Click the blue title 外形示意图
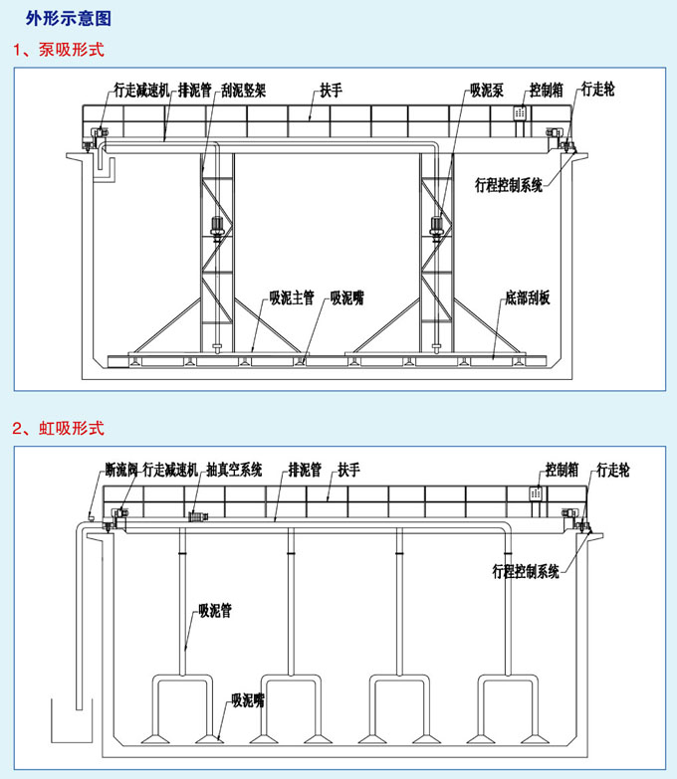point(69,18)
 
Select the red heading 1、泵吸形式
point(59,50)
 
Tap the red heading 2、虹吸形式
point(59,428)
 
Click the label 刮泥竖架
point(244,91)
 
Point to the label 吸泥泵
point(487,90)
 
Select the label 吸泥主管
point(292,297)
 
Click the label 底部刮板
point(528,297)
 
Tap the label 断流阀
point(121,470)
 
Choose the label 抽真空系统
point(234,470)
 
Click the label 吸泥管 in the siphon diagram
point(215,610)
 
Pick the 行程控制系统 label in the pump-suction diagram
point(509,185)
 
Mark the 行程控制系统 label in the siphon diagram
point(526,571)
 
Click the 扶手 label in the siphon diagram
point(348,470)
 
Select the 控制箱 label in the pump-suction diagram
point(547,90)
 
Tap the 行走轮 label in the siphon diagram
point(613,470)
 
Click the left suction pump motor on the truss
point(217,229)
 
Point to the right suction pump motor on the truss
point(436,229)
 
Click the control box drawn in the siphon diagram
point(536,493)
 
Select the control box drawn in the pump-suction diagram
point(520,112)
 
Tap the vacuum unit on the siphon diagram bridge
point(198,517)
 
